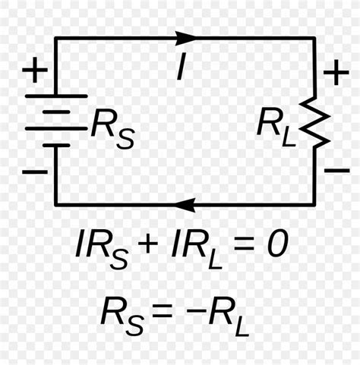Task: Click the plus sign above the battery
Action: [33, 73]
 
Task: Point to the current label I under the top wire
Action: [181, 68]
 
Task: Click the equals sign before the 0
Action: [244, 244]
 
